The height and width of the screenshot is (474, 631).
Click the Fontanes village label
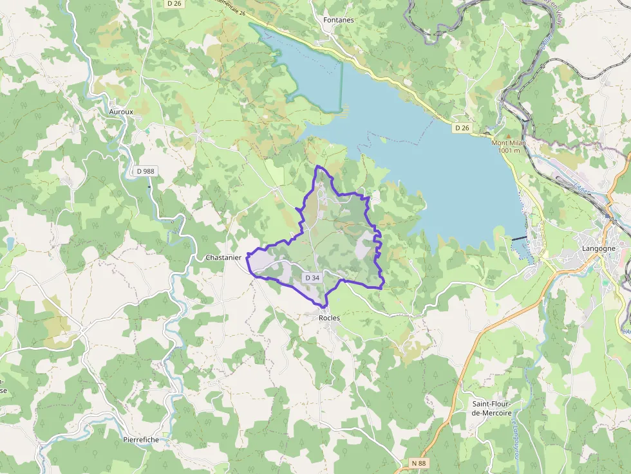(338, 20)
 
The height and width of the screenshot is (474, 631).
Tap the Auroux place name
(121, 111)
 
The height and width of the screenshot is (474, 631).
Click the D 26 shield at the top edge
(173, 3)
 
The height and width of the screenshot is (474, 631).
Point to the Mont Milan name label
(509, 143)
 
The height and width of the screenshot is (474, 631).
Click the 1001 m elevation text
(509, 150)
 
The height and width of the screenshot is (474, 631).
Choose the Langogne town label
(598, 248)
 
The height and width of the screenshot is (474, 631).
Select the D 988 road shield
(146, 171)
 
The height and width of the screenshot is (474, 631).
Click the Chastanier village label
(223, 257)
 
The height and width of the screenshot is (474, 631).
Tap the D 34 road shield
(312, 277)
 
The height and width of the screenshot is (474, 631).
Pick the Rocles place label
(329, 318)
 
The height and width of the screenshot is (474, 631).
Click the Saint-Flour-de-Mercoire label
(492, 408)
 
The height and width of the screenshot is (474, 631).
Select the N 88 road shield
(419, 463)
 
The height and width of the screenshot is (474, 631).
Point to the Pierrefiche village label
(140, 440)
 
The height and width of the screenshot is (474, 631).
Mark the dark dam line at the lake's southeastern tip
(519, 239)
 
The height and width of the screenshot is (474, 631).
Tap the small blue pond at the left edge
(10, 243)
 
